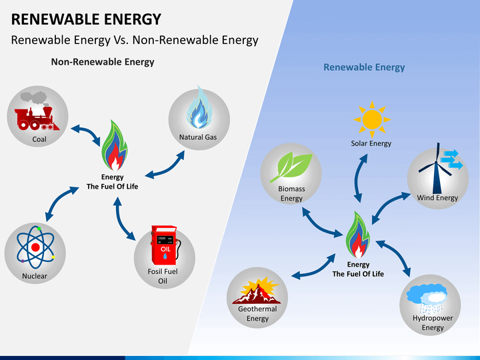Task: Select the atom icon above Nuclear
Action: [36, 247]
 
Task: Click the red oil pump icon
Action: [165, 245]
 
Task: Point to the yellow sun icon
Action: [372, 119]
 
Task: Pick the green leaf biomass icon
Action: [291, 167]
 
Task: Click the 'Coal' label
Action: [39, 139]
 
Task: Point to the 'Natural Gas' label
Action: [198, 137]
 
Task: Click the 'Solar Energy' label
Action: [371, 143]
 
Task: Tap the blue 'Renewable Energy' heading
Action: [364, 67]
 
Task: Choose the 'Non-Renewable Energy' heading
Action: [103, 62]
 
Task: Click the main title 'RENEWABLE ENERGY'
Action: [86, 19]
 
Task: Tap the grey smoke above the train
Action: [35, 98]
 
